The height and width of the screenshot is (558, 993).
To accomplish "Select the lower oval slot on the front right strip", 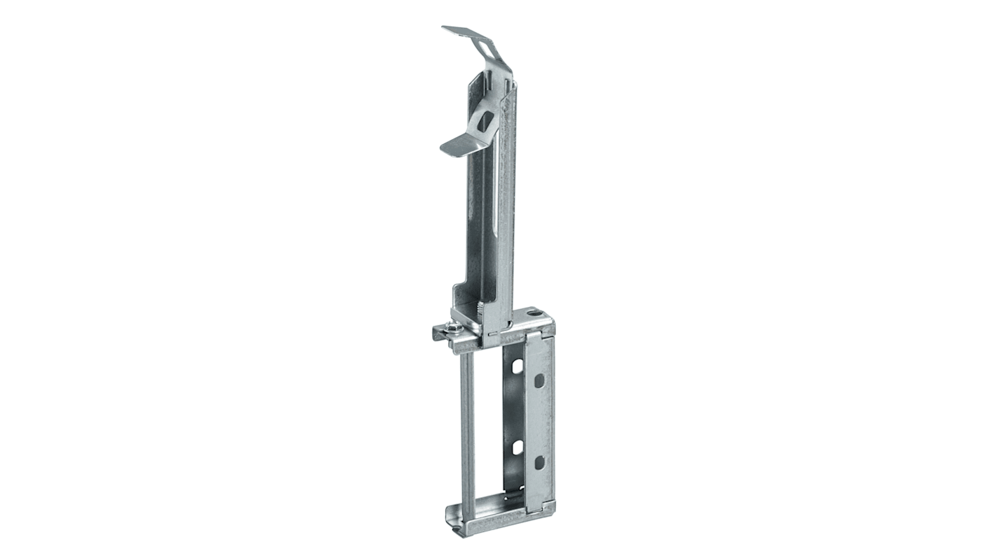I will [539, 462].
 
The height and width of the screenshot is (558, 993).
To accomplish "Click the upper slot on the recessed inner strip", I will [517, 365].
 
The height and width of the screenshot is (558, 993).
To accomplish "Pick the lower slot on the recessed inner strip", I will [517, 448].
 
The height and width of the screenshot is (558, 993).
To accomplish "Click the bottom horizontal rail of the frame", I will [503, 527].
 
